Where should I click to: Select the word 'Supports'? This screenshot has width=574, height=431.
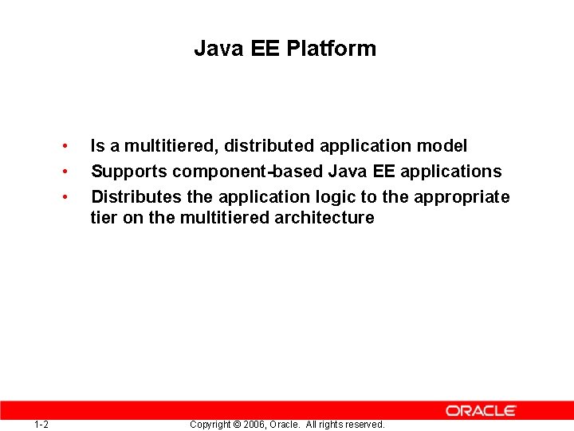point(129,172)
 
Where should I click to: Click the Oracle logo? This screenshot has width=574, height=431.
point(481,410)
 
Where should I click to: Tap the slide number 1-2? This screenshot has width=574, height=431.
point(41,424)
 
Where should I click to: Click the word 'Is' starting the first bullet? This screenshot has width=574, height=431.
point(97,146)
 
